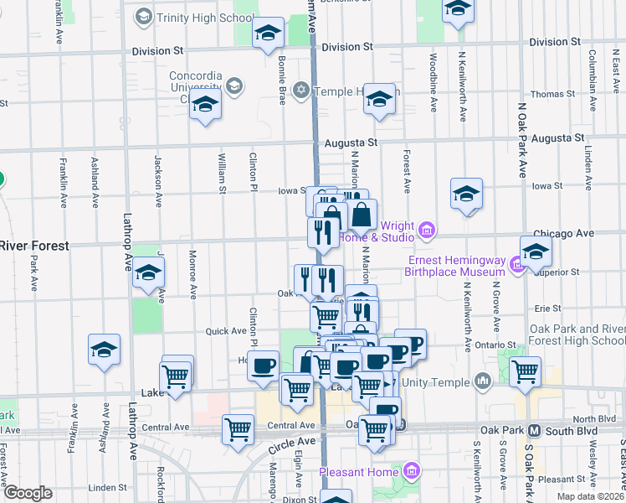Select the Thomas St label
point(552,94)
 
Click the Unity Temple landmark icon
point(482,382)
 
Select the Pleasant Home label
point(354,472)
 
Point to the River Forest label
point(34,245)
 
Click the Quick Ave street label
point(226,331)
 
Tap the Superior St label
point(561,272)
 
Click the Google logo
point(28,492)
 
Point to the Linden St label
point(107,486)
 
